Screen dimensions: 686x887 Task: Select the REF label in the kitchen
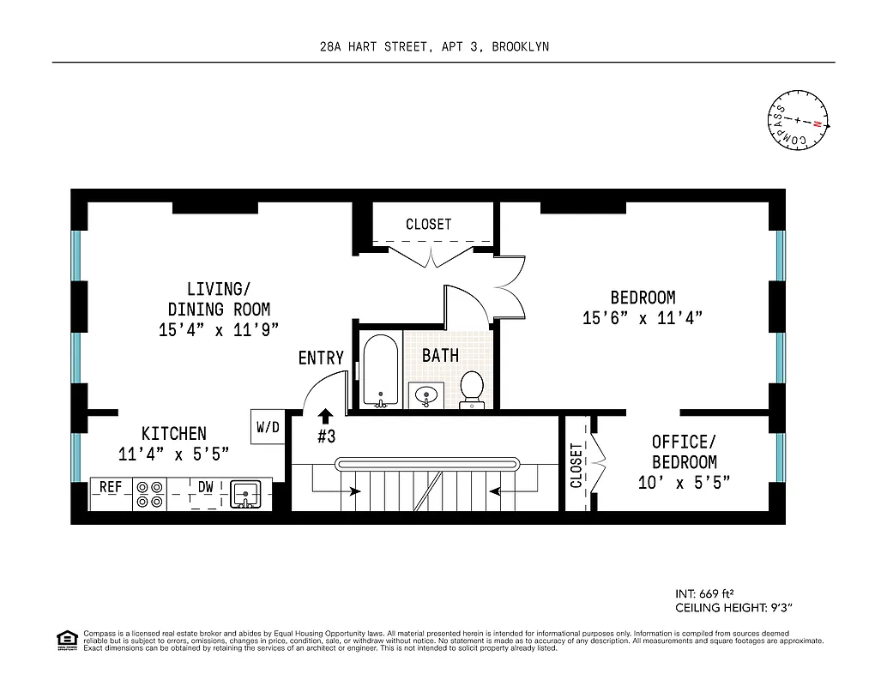pos(111,487)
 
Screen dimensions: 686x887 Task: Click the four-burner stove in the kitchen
pos(151,494)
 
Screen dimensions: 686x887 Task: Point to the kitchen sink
pos(246,494)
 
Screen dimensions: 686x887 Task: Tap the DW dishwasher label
pos(206,487)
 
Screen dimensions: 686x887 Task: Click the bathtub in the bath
pos(380,370)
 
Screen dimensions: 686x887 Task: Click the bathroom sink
pos(425,395)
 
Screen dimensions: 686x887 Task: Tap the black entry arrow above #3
pos(325,417)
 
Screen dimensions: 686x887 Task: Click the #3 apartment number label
pos(326,436)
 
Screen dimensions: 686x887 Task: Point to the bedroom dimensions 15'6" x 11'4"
pos(643,318)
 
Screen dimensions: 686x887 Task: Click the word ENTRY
pos(321,358)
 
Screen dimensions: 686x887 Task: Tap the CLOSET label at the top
pos(428,225)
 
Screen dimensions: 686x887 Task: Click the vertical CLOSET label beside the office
pos(576,464)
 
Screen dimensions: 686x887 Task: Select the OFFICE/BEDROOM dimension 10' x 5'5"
pos(684,483)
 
